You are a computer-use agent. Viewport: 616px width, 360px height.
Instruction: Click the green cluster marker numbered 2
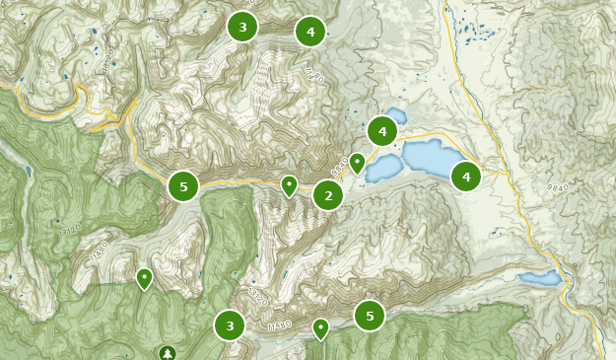[328, 195]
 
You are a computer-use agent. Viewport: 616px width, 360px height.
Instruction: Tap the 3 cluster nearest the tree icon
[230, 324]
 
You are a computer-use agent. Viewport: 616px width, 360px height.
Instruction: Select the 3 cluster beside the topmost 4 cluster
[242, 27]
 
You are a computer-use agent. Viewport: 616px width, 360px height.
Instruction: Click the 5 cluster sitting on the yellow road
[183, 186]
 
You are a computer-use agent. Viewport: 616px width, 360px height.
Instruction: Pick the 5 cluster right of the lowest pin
[370, 316]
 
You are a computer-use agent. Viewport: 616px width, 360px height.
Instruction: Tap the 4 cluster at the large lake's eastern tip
[465, 177]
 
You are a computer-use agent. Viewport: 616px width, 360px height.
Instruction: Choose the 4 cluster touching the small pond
[382, 130]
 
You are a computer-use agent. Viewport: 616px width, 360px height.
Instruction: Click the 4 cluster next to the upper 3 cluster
[310, 32]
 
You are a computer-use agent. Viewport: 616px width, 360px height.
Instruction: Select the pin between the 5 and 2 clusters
[289, 184]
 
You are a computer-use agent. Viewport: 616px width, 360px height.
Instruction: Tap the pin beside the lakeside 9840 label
[357, 162]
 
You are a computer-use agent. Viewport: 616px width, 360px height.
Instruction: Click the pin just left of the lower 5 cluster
[320, 327]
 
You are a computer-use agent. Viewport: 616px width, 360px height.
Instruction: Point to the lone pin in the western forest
[145, 278]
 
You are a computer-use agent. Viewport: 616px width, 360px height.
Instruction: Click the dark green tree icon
[167, 352]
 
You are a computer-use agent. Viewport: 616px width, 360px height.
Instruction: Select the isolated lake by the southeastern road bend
[540, 279]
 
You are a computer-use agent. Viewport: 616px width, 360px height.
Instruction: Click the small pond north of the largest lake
[395, 113]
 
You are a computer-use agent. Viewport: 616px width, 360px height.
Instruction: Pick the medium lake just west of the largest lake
[382, 169]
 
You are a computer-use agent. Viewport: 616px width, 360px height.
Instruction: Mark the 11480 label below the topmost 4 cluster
[314, 76]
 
